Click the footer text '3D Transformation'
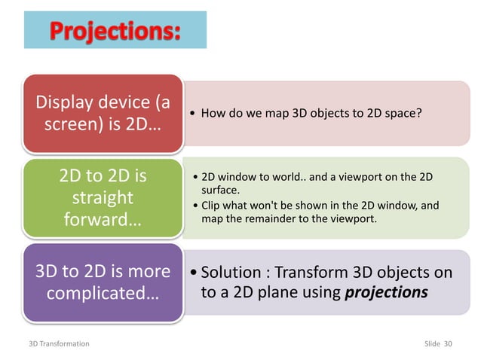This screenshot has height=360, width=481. point(55,343)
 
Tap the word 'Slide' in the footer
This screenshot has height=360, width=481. point(433,343)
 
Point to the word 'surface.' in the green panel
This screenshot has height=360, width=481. point(219,191)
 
